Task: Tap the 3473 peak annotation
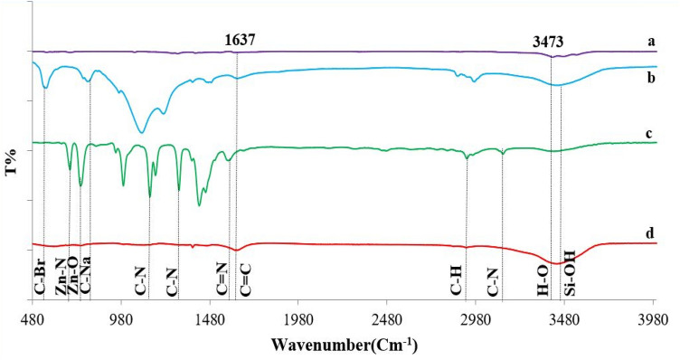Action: [551, 41]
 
